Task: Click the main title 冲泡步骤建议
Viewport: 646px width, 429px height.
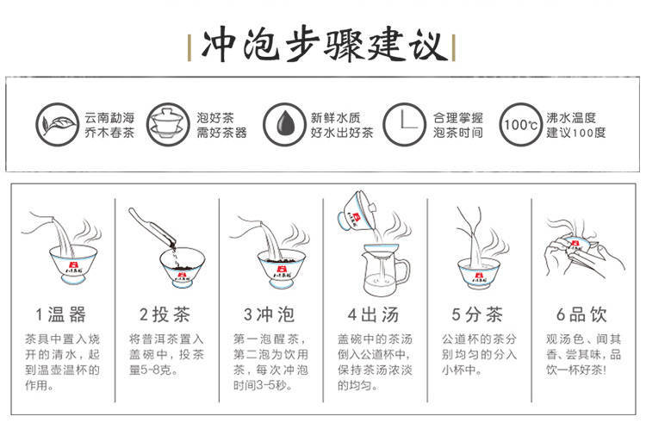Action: coord(325,46)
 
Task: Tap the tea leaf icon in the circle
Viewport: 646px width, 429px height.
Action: coord(57,124)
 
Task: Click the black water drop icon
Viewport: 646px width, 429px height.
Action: coord(284,124)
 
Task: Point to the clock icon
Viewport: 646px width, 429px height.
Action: coord(404,124)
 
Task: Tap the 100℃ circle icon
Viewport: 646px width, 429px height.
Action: coord(521,124)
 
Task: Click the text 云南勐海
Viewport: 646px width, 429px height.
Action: coord(109,118)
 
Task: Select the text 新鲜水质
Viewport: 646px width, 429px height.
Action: coord(335,118)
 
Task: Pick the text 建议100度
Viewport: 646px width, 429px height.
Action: coord(576,133)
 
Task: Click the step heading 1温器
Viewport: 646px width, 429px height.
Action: coord(61,314)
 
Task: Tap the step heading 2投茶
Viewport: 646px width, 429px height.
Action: coord(165,314)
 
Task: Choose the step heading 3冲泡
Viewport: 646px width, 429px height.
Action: coord(269,314)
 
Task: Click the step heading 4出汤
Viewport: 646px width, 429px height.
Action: coord(373,314)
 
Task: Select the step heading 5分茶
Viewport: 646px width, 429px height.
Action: coord(477,314)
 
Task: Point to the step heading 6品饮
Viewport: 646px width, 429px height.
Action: coord(581,314)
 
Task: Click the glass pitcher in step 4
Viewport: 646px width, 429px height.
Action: coord(385,270)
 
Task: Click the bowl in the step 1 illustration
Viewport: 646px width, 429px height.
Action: coord(73,264)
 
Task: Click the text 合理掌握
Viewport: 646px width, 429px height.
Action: coord(457,118)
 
